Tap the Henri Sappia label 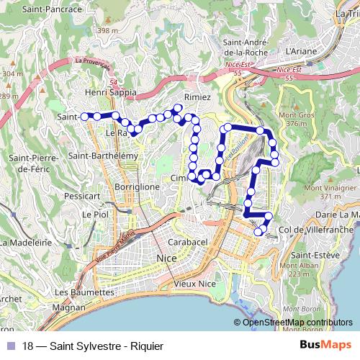110,93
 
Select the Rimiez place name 197,96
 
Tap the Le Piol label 94,214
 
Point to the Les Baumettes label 84,292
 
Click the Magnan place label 68,307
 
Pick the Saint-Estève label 311,255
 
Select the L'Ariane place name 301,51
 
